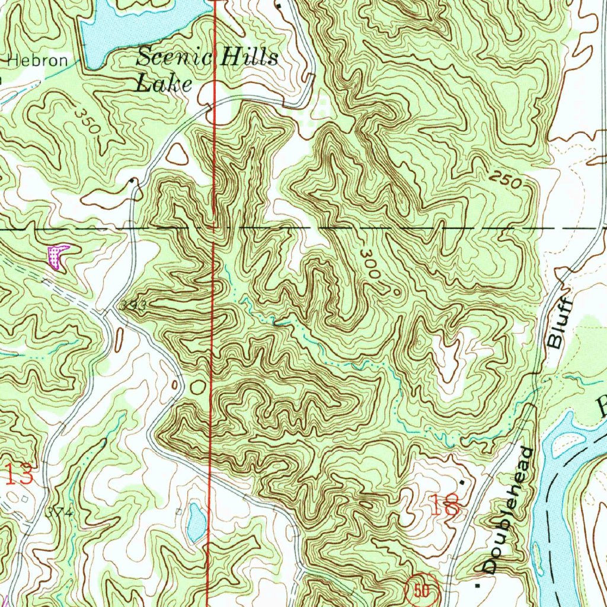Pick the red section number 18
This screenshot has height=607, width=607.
(446, 506)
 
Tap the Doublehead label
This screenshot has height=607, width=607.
(508, 510)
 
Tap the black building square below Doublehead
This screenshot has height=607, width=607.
(478, 584)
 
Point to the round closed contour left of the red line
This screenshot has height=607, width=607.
(197, 387)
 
